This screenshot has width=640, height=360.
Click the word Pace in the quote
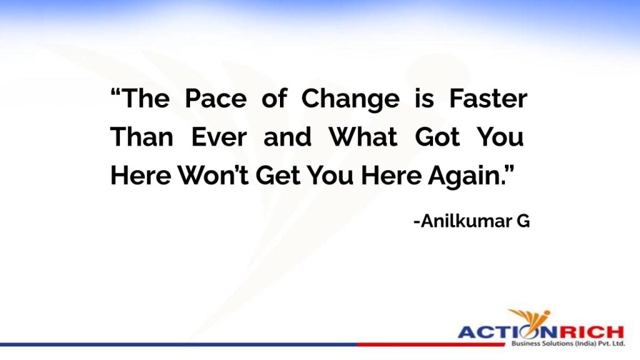click(216, 98)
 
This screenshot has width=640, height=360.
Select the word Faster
click(488, 98)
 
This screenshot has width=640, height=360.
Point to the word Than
click(142, 136)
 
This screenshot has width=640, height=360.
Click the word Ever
click(219, 136)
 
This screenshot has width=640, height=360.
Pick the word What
click(363, 136)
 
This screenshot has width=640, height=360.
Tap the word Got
click(437, 136)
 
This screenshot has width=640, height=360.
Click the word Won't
click(213, 175)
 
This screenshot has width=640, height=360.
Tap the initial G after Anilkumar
click(523, 221)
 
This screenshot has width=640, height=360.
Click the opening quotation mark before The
click(116, 92)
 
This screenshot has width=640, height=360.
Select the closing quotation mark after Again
click(510, 169)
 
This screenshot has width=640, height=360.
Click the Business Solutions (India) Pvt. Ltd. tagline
click(567, 344)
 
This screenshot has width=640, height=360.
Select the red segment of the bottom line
click(431, 345)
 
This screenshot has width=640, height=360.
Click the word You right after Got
click(501, 136)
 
